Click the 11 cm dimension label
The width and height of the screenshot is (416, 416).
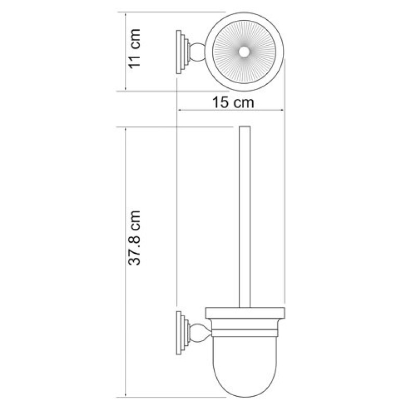135,49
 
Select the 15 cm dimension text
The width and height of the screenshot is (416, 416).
233,102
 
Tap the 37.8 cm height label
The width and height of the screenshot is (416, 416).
134,238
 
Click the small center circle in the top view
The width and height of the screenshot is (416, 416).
244,51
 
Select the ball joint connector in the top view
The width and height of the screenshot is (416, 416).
197,52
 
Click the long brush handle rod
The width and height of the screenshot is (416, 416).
244,217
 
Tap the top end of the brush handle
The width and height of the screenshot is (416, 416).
244,126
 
